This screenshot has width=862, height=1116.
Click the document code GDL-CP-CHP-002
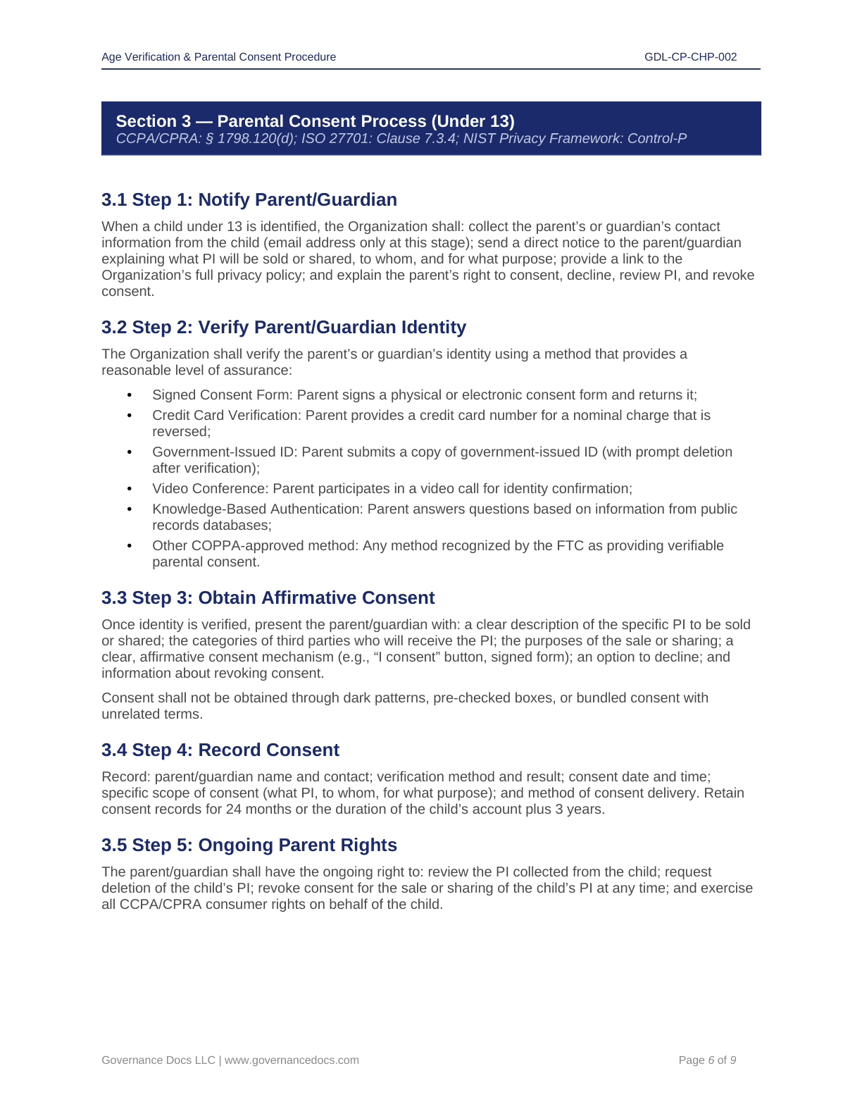click(690, 57)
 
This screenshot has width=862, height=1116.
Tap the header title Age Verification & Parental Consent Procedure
click(218, 57)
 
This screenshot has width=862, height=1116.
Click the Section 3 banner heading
click(315, 121)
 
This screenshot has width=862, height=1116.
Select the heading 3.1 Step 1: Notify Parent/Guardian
click(249, 200)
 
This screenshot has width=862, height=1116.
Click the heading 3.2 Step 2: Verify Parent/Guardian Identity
click(283, 328)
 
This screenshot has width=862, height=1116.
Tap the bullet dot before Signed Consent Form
click(130, 395)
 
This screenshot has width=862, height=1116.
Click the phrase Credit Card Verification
click(227, 416)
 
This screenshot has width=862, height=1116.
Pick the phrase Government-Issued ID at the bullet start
click(225, 452)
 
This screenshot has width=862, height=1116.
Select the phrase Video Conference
click(210, 489)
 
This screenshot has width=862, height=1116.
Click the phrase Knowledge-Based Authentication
click(258, 509)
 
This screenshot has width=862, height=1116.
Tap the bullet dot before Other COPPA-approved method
click(130, 546)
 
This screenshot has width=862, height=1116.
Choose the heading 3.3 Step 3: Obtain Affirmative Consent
click(268, 598)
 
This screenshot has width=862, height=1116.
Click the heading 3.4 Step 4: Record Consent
click(220, 750)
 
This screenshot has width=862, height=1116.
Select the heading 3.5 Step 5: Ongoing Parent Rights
click(249, 845)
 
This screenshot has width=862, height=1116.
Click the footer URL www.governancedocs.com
click(292, 1060)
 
